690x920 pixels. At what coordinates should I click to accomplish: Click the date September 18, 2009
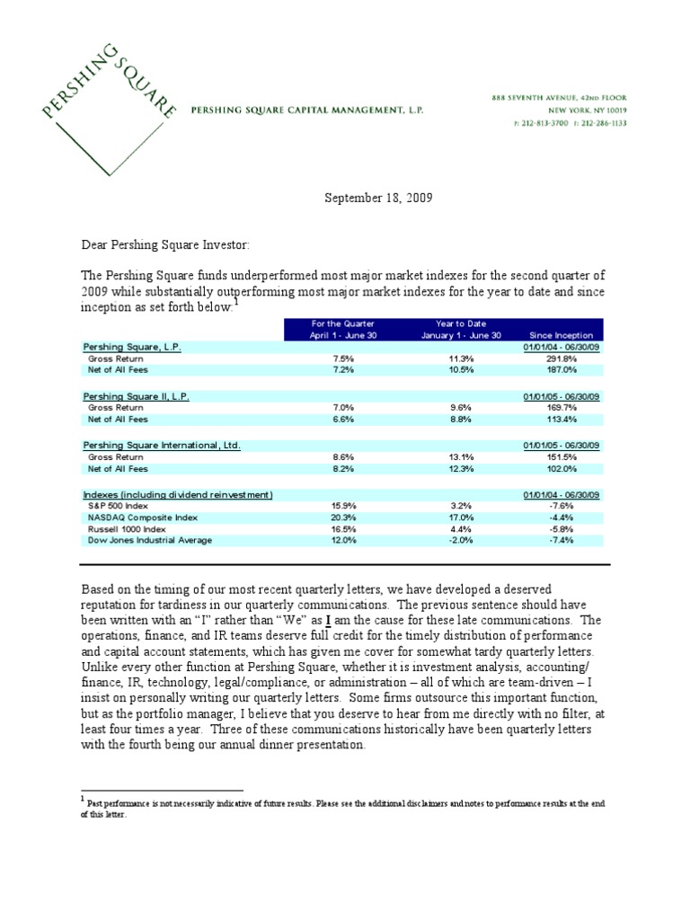(378, 198)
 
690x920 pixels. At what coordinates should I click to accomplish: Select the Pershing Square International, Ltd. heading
(162, 446)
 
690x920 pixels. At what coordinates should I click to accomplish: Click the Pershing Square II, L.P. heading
(137, 396)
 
